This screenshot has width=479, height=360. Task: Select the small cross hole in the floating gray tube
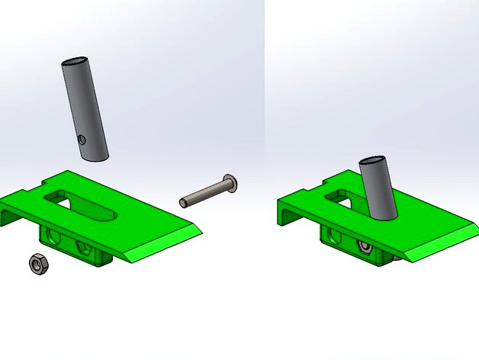[x=82, y=140]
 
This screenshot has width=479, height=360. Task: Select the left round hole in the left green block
[x=55, y=236]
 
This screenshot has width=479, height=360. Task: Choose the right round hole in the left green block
[x=84, y=246]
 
